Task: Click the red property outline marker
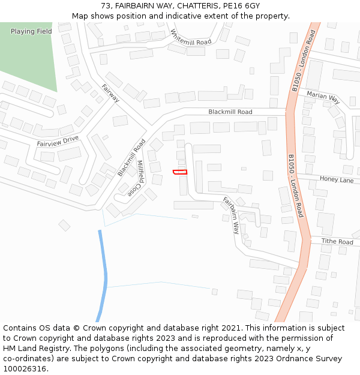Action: tap(180, 172)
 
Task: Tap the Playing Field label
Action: tap(31, 31)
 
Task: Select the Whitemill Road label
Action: tap(191, 38)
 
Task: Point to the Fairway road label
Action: tap(111, 93)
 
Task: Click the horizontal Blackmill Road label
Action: tap(230, 112)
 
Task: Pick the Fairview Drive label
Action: tap(58, 142)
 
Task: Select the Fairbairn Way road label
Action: tap(231, 215)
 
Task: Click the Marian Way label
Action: tap(323, 98)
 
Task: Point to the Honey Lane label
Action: tap(337, 179)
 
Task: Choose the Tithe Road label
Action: tap(337, 242)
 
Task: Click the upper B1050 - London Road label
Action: tap(303, 59)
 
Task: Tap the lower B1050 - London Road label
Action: tap(296, 185)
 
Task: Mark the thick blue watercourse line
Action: tap(104, 276)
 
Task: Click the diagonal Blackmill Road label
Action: tap(131, 158)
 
